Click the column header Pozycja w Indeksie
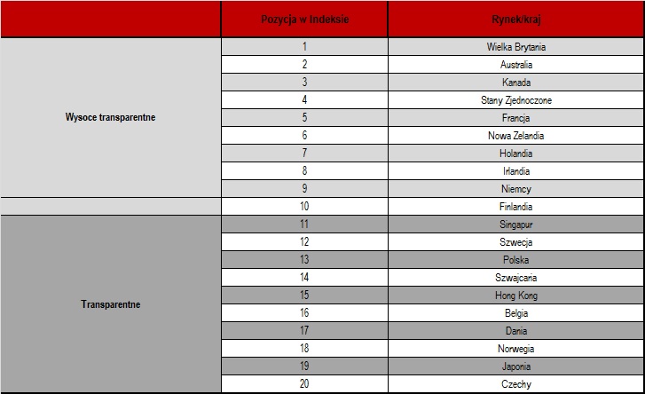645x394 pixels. [303, 19]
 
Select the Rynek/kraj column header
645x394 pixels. [516, 19]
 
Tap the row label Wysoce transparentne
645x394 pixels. [110, 117]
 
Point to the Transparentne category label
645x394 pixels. [110, 304]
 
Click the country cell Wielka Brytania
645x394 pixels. [516, 46]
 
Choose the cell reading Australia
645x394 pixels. [516, 64]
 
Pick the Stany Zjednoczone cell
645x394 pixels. [516, 100]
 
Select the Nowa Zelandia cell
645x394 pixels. [516, 136]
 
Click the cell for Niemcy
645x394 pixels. [516, 189]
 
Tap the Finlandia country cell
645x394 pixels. [516, 207]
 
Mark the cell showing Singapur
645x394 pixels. [516, 225]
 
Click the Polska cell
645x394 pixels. [516, 260]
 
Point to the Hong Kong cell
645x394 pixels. [516, 295]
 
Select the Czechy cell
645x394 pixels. [516, 384]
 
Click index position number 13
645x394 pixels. [304, 260]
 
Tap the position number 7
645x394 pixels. [304, 154]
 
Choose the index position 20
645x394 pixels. [304, 384]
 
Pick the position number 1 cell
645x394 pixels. [304, 46]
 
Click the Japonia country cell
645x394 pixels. [516, 366]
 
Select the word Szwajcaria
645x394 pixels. [516, 278]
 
